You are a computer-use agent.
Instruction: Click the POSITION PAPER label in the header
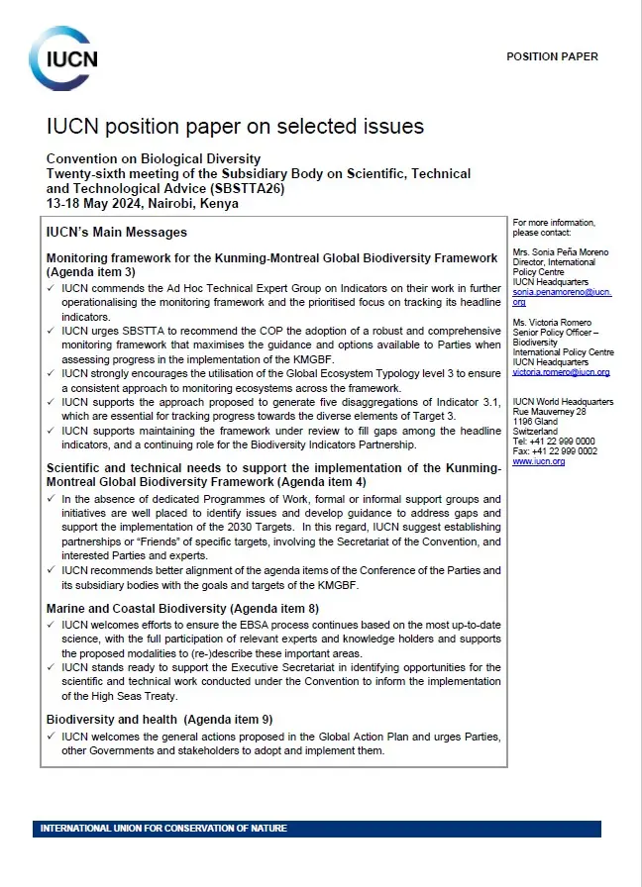(552, 56)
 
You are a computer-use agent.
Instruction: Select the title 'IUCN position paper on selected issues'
(235, 127)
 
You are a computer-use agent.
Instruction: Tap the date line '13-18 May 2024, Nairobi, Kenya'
(143, 203)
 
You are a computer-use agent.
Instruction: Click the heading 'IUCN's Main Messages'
(117, 233)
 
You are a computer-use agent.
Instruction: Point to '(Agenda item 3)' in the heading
(90, 271)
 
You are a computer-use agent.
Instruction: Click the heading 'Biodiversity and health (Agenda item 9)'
(160, 719)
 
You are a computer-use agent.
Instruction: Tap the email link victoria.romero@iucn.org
(561, 372)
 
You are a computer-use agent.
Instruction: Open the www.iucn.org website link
(539, 461)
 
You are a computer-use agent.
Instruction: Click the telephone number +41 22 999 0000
(561, 441)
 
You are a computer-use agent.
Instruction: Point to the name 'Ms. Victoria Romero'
(551, 323)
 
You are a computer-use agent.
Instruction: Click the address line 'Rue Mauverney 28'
(549, 411)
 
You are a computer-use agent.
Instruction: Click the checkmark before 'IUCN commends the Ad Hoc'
(52, 288)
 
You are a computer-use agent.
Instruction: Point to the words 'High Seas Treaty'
(122, 697)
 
